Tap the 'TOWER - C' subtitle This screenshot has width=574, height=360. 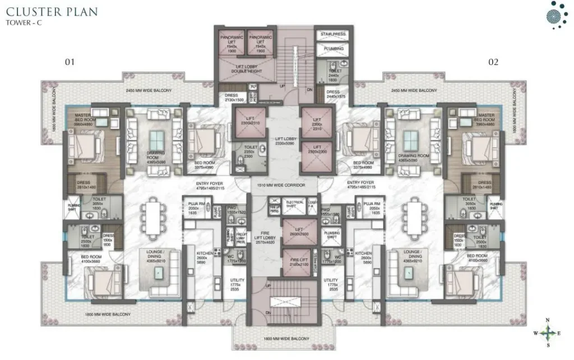tap(26, 23)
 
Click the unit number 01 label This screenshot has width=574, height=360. tap(70, 62)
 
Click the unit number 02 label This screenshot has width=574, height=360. tap(493, 62)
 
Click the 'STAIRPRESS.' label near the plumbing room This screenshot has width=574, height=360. tap(333, 34)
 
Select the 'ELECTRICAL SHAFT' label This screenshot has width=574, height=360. tap(295, 203)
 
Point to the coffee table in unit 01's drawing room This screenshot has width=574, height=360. tap(158, 139)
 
